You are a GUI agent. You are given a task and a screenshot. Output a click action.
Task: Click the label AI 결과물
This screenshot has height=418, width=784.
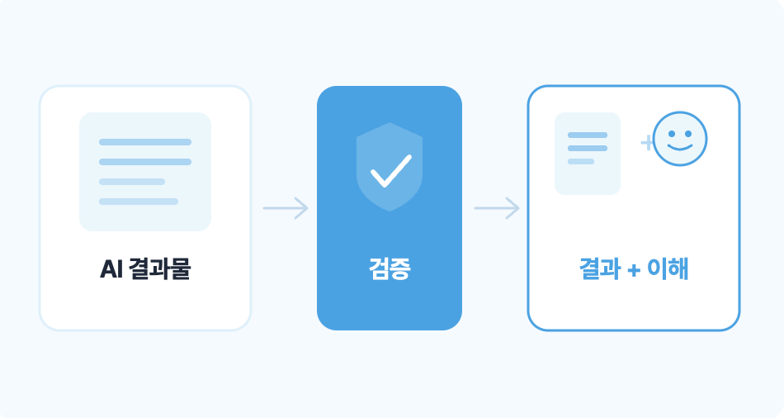[145, 268]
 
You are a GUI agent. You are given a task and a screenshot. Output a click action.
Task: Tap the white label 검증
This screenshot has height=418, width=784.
[390, 268]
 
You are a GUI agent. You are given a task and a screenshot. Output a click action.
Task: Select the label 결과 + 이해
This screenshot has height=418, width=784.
[634, 268]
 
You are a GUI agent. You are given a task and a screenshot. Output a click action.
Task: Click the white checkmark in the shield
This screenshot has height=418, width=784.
[390, 171]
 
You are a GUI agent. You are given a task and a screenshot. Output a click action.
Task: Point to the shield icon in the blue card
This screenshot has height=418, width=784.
[390, 167]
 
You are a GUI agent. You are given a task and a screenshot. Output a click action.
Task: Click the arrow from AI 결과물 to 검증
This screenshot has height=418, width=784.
[286, 207]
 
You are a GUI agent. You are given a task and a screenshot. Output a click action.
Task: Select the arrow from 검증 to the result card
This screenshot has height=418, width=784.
[497, 207]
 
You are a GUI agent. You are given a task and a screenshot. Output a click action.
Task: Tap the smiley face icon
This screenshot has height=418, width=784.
[680, 139]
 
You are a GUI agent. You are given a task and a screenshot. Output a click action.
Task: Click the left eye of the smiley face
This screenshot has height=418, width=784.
[672, 134]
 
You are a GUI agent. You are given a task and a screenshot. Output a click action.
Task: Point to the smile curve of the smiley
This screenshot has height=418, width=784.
[680, 147]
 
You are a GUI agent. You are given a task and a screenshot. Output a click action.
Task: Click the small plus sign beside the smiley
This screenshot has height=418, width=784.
[647, 143]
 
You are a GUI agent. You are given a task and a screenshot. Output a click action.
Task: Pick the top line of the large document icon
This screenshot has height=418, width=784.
[145, 142]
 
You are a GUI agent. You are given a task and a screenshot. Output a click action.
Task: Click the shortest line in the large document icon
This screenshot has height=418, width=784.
[132, 182]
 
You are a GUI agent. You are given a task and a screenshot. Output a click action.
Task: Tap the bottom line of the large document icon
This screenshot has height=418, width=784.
[139, 202]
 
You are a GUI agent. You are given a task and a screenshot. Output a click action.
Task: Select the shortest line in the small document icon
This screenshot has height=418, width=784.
[581, 161]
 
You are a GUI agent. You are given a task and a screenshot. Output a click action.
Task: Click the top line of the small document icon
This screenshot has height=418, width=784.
[588, 135]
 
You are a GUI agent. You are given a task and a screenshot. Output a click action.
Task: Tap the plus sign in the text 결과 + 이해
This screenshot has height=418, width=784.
[634, 271]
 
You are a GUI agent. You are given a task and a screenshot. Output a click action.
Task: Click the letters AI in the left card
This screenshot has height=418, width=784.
[111, 269]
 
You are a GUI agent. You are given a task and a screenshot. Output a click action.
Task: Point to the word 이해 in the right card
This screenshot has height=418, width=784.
[668, 268]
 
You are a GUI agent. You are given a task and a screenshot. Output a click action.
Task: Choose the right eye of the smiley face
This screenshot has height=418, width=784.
[688, 134]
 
